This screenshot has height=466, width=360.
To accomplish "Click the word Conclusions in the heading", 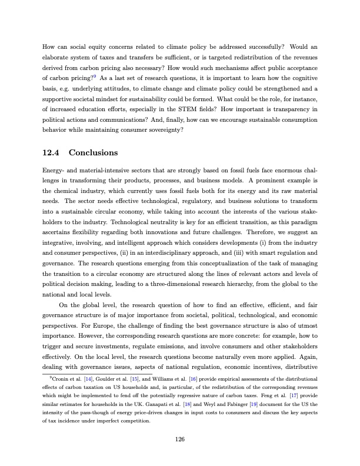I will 94,153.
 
